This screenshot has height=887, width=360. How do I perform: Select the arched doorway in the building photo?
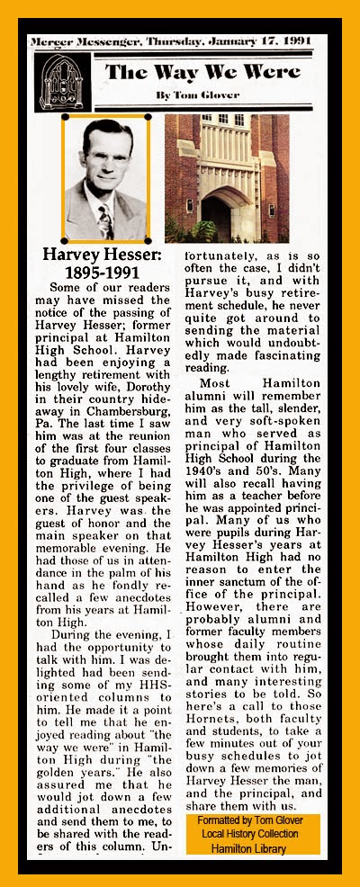point(217,217)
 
